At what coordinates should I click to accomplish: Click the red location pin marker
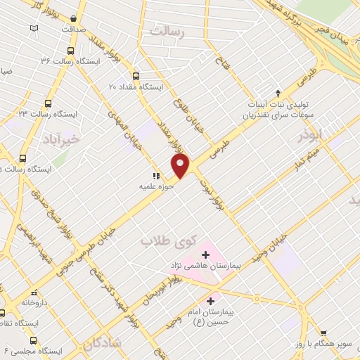(181, 166)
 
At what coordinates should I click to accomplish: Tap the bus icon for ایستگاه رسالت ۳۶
(70, 51)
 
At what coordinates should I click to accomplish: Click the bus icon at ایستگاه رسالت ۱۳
(48, 103)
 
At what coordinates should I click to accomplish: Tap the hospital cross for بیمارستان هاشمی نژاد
(205, 254)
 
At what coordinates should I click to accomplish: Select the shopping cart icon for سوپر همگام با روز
(323, 333)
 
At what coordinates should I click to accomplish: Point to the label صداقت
(72, 29)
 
